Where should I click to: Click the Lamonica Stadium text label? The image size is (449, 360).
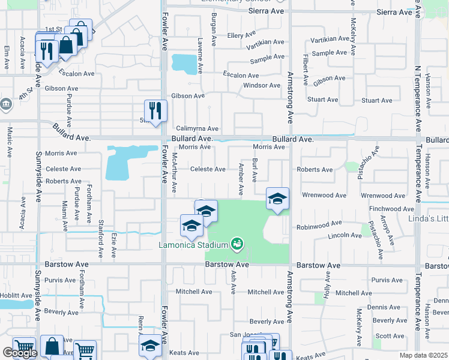point(193,245)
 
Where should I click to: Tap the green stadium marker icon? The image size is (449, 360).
point(237,243)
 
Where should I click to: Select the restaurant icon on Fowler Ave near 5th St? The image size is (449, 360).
point(156,110)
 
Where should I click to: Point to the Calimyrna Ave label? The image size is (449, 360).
point(197,128)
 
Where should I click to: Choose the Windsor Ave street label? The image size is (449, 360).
point(262,85)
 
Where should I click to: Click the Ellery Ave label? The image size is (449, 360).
point(243,35)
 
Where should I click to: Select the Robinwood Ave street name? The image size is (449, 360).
point(319,227)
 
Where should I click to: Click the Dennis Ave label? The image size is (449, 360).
point(384,307)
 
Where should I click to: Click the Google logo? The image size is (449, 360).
point(19,353)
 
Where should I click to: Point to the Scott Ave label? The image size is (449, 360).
point(390,336)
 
